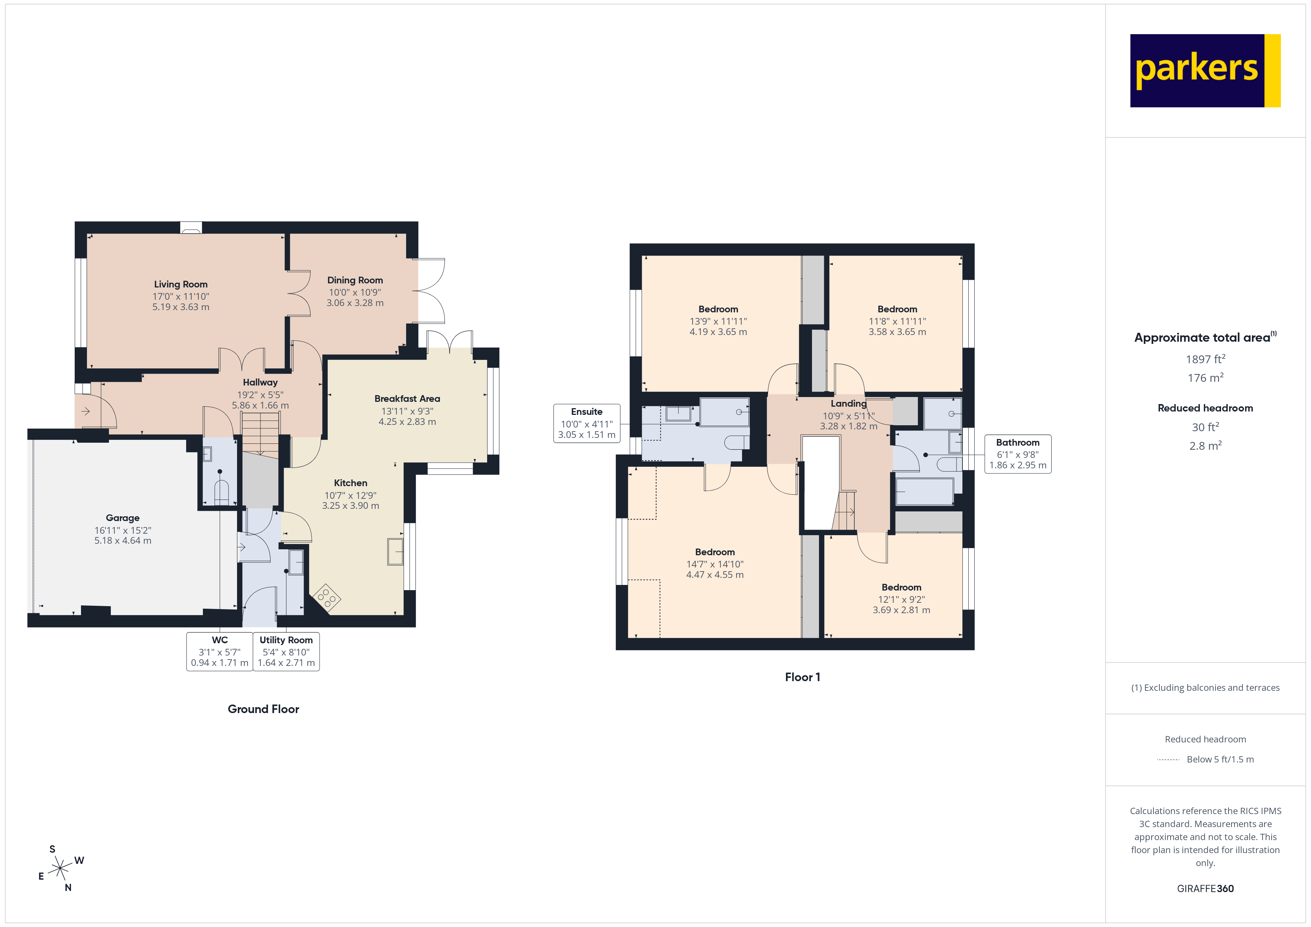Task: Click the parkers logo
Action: coord(1204,71)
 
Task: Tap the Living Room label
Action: coord(181,284)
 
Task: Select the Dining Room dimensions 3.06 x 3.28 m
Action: coord(355,303)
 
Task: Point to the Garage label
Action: coord(122,518)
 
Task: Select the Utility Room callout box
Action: coord(286,651)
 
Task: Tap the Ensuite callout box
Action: coord(586,423)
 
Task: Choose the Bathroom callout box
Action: coord(1017,454)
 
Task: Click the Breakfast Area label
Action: coord(407,399)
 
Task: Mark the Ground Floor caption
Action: coord(263,709)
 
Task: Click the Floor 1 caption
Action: coord(802,677)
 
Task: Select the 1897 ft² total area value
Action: coord(1205,359)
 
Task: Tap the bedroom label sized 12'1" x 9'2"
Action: coord(901,588)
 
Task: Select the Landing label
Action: coord(848,404)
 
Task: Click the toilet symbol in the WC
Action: coord(221,492)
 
